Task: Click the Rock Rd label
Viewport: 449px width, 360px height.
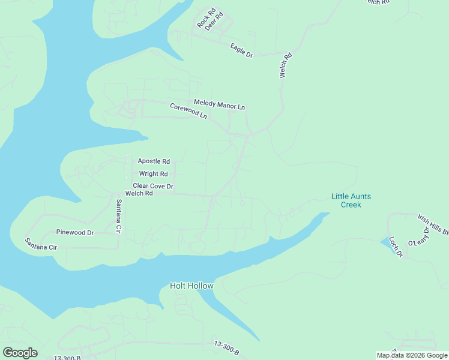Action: pos(205,19)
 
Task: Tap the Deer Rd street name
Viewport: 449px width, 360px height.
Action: pos(214,20)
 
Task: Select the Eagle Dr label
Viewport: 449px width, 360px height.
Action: pos(242,50)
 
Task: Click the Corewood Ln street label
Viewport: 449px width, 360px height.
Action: pos(188,111)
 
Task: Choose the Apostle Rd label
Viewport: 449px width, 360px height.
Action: pos(154,161)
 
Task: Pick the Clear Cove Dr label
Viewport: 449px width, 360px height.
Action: pos(153,187)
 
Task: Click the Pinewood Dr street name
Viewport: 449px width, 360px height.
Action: pos(75,232)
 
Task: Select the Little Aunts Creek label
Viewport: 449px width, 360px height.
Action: pos(351,200)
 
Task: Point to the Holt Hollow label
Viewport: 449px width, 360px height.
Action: pos(191,286)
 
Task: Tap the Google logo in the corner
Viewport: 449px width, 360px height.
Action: pos(20,353)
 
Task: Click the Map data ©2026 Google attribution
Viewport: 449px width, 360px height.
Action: pos(412,355)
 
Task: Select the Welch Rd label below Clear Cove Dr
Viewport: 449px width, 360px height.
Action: pos(139,194)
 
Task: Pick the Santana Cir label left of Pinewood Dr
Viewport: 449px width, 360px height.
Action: pos(41,244)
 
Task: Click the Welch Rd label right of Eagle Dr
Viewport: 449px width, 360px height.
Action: pos(285,66)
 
